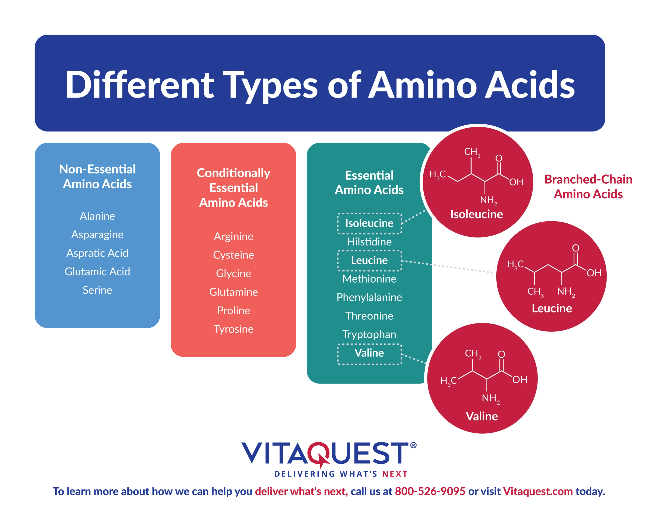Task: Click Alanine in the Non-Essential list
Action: tap(97, 216)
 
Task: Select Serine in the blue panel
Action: tap(97, 290)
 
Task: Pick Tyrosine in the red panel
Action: tap(233, 329)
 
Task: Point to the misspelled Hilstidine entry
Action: tap(369, 242)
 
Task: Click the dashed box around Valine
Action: tap(369, 344)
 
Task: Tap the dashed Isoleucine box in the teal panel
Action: tap(369, 214)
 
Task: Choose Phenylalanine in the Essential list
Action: tap(369, 297)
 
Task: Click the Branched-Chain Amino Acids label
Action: tap(588, 187)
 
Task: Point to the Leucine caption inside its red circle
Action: tap(552, 308)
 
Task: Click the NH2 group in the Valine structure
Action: tap(491, 398)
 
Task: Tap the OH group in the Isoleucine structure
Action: tap(516, 182)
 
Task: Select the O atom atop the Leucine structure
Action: tap(575, 248)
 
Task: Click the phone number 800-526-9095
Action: tap(430, 491)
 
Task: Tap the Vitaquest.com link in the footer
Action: tap(538, 491)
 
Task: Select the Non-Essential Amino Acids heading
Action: tap(97, 177)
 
